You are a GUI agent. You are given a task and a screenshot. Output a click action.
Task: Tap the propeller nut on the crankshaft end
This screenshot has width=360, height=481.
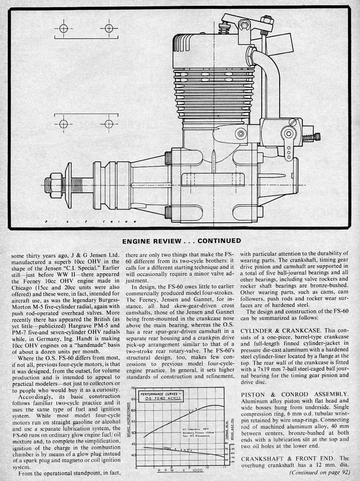click(x=54, y=184)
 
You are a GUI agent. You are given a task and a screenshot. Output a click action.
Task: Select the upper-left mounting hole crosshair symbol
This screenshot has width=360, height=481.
click(x=63, y=29)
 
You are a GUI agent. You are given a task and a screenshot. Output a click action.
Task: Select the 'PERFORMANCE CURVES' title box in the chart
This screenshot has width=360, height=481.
click(x=157, y=396)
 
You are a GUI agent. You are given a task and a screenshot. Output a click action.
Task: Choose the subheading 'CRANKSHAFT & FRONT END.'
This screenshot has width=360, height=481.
click(x=288, y=458)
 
